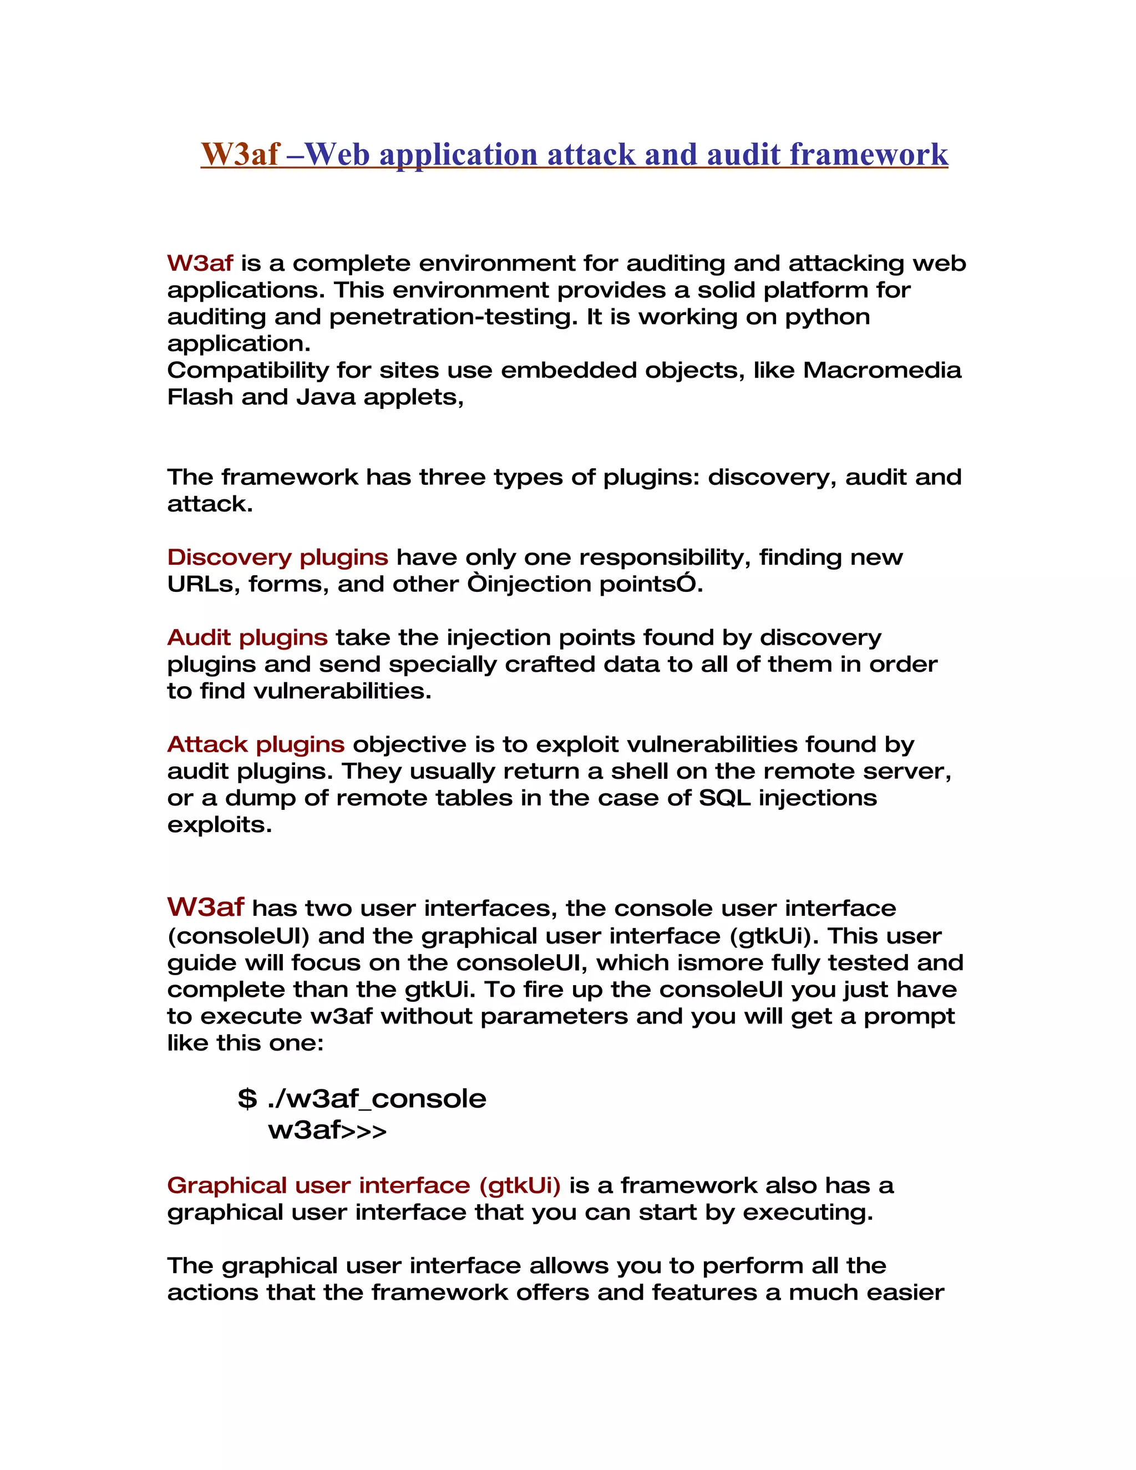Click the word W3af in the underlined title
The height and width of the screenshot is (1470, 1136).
pos(240,155)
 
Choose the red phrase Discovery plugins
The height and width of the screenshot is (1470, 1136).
pos(277,557)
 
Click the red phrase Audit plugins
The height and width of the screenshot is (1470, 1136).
pos(247,637)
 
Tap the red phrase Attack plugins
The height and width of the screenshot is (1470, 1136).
pos(256,744)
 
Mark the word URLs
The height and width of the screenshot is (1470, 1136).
pos(203,584)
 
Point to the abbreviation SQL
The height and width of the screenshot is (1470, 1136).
pos(725,798)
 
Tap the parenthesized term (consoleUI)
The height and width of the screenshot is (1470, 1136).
pos(238,936)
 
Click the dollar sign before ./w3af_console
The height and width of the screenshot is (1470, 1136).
pos(247,1099)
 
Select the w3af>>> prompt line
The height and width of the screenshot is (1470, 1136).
pos(327,1130)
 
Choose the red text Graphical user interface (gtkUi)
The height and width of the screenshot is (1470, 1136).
pos(363,1185)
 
